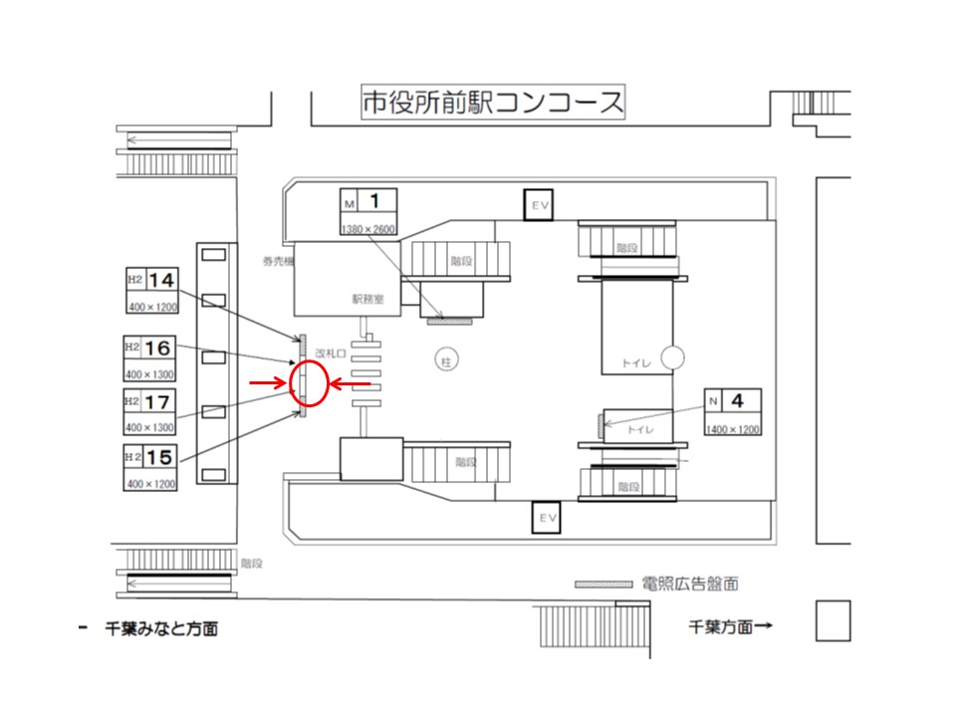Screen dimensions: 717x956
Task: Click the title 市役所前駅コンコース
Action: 492,103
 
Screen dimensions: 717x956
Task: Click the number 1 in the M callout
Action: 374,202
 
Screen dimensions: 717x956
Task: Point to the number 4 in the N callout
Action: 738,402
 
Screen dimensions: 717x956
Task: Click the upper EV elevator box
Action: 540,206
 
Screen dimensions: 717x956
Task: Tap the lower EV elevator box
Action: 545,517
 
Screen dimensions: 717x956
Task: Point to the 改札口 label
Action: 329,353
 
